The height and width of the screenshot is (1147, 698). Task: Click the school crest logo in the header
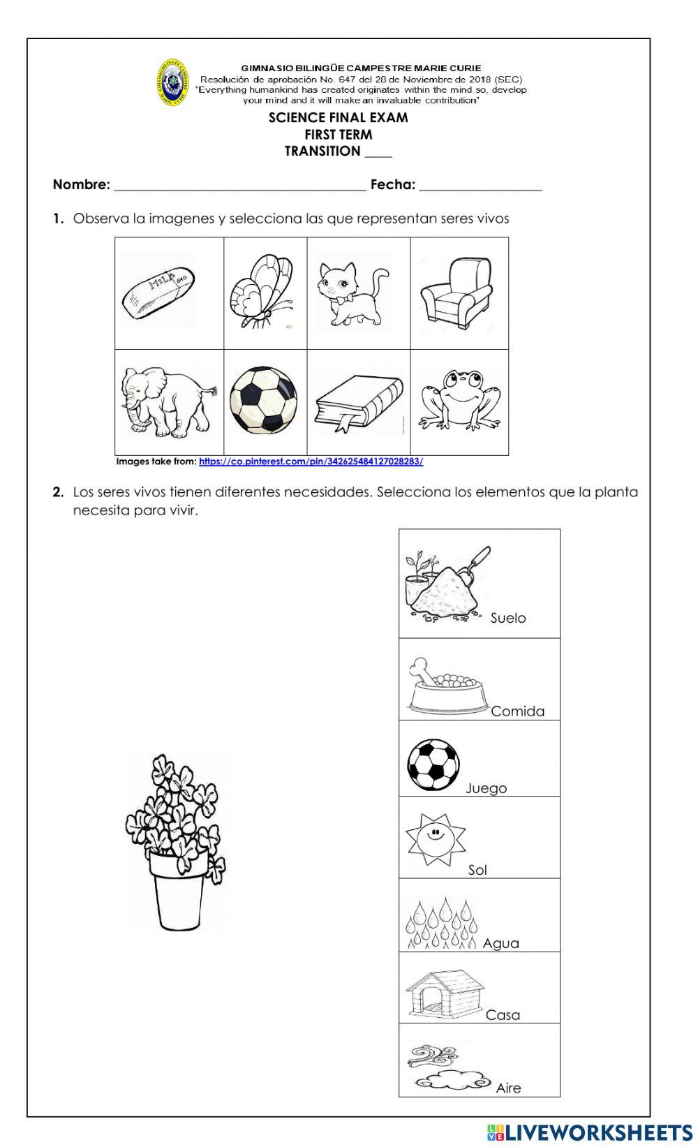pyautogui.click(x=173, y=82)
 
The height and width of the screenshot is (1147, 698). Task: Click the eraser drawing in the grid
pyautogui.click(x=158, y=291)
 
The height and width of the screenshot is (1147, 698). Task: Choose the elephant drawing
pyautogui.click(x=167, y=401)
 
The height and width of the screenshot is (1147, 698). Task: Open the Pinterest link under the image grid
pyautogui.click(x=311, y=461)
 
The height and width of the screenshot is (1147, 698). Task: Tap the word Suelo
pyautogui.click(x=508, y=618)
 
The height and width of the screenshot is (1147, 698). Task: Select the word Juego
pyautogui.click(x=487, y=788)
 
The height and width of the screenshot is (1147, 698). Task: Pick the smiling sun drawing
pyautogui.click(x=434, y=835)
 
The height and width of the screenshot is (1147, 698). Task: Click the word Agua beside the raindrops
pyautogui.click(x=500, y=943)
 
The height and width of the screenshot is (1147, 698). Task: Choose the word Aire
pyautogui.click(x=508, y=1088)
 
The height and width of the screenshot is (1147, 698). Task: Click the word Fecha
pyautogui.click(x=392, y=185)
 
